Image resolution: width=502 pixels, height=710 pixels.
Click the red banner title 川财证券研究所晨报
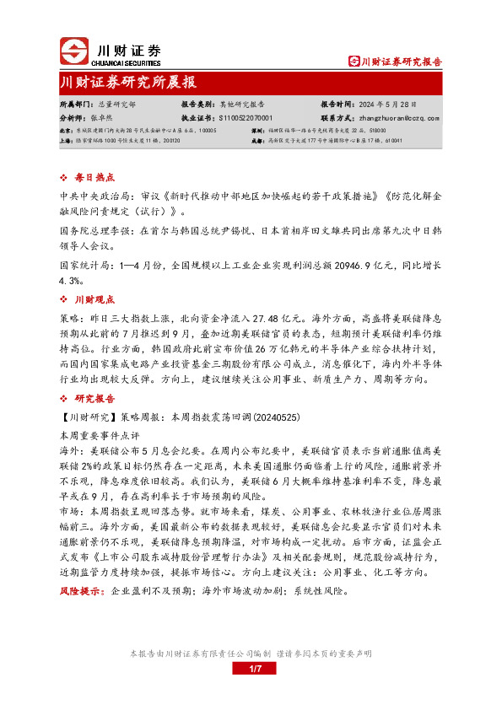pyautogui.click(x=127, y=83)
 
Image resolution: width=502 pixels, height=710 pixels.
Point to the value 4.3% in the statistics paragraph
pyautogui.click(x=70, y=281)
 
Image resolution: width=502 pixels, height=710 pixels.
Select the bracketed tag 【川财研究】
pyautogui.click(x=89, y=416)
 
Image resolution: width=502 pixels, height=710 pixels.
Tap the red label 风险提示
pyautogui.click(x=80, y=592)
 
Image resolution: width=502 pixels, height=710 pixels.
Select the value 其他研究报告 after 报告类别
pyautogui.click(x=242, y=105)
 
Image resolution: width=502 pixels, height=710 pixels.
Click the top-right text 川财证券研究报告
pyautogui.click(x=401, y=61)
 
